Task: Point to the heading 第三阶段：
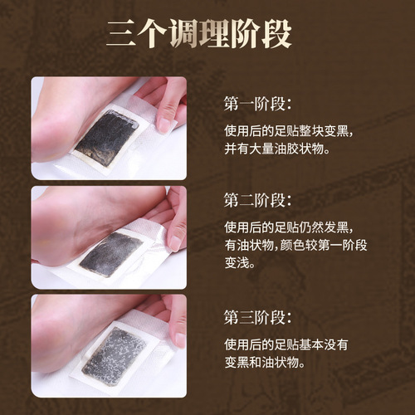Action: (257, 316)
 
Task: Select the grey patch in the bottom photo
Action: (115, 355)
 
